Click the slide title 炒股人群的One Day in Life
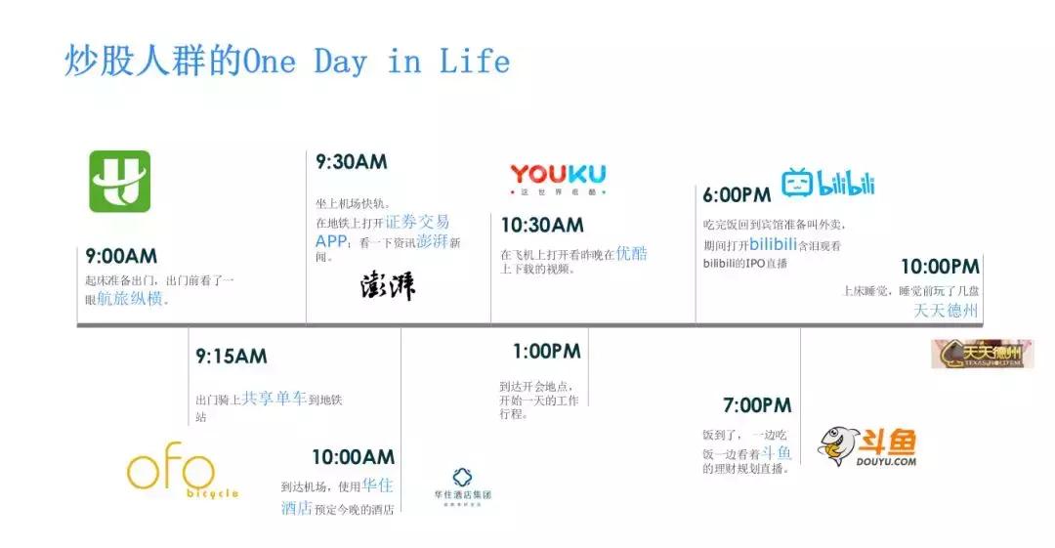click(287, 62)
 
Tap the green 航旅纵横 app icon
click(120, 181)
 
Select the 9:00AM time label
click(121, 256)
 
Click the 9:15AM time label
click(231, 357)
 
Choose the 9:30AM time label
click(351, 162)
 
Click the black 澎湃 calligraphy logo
click(388, 285)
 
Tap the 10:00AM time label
click(353, 457)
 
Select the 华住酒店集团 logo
click(463, 485)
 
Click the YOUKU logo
click(557, 177)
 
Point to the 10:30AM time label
click(542, 226)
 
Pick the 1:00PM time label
click(546, 351)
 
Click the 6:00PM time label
click(738, 194)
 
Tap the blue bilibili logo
click(827, 183)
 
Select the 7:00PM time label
click(757, 405)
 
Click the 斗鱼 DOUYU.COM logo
click(867, 445)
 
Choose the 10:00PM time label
click(939, 267)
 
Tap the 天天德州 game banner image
click(982, 353)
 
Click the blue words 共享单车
click(274, 399)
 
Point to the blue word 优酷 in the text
click(631, 253)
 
